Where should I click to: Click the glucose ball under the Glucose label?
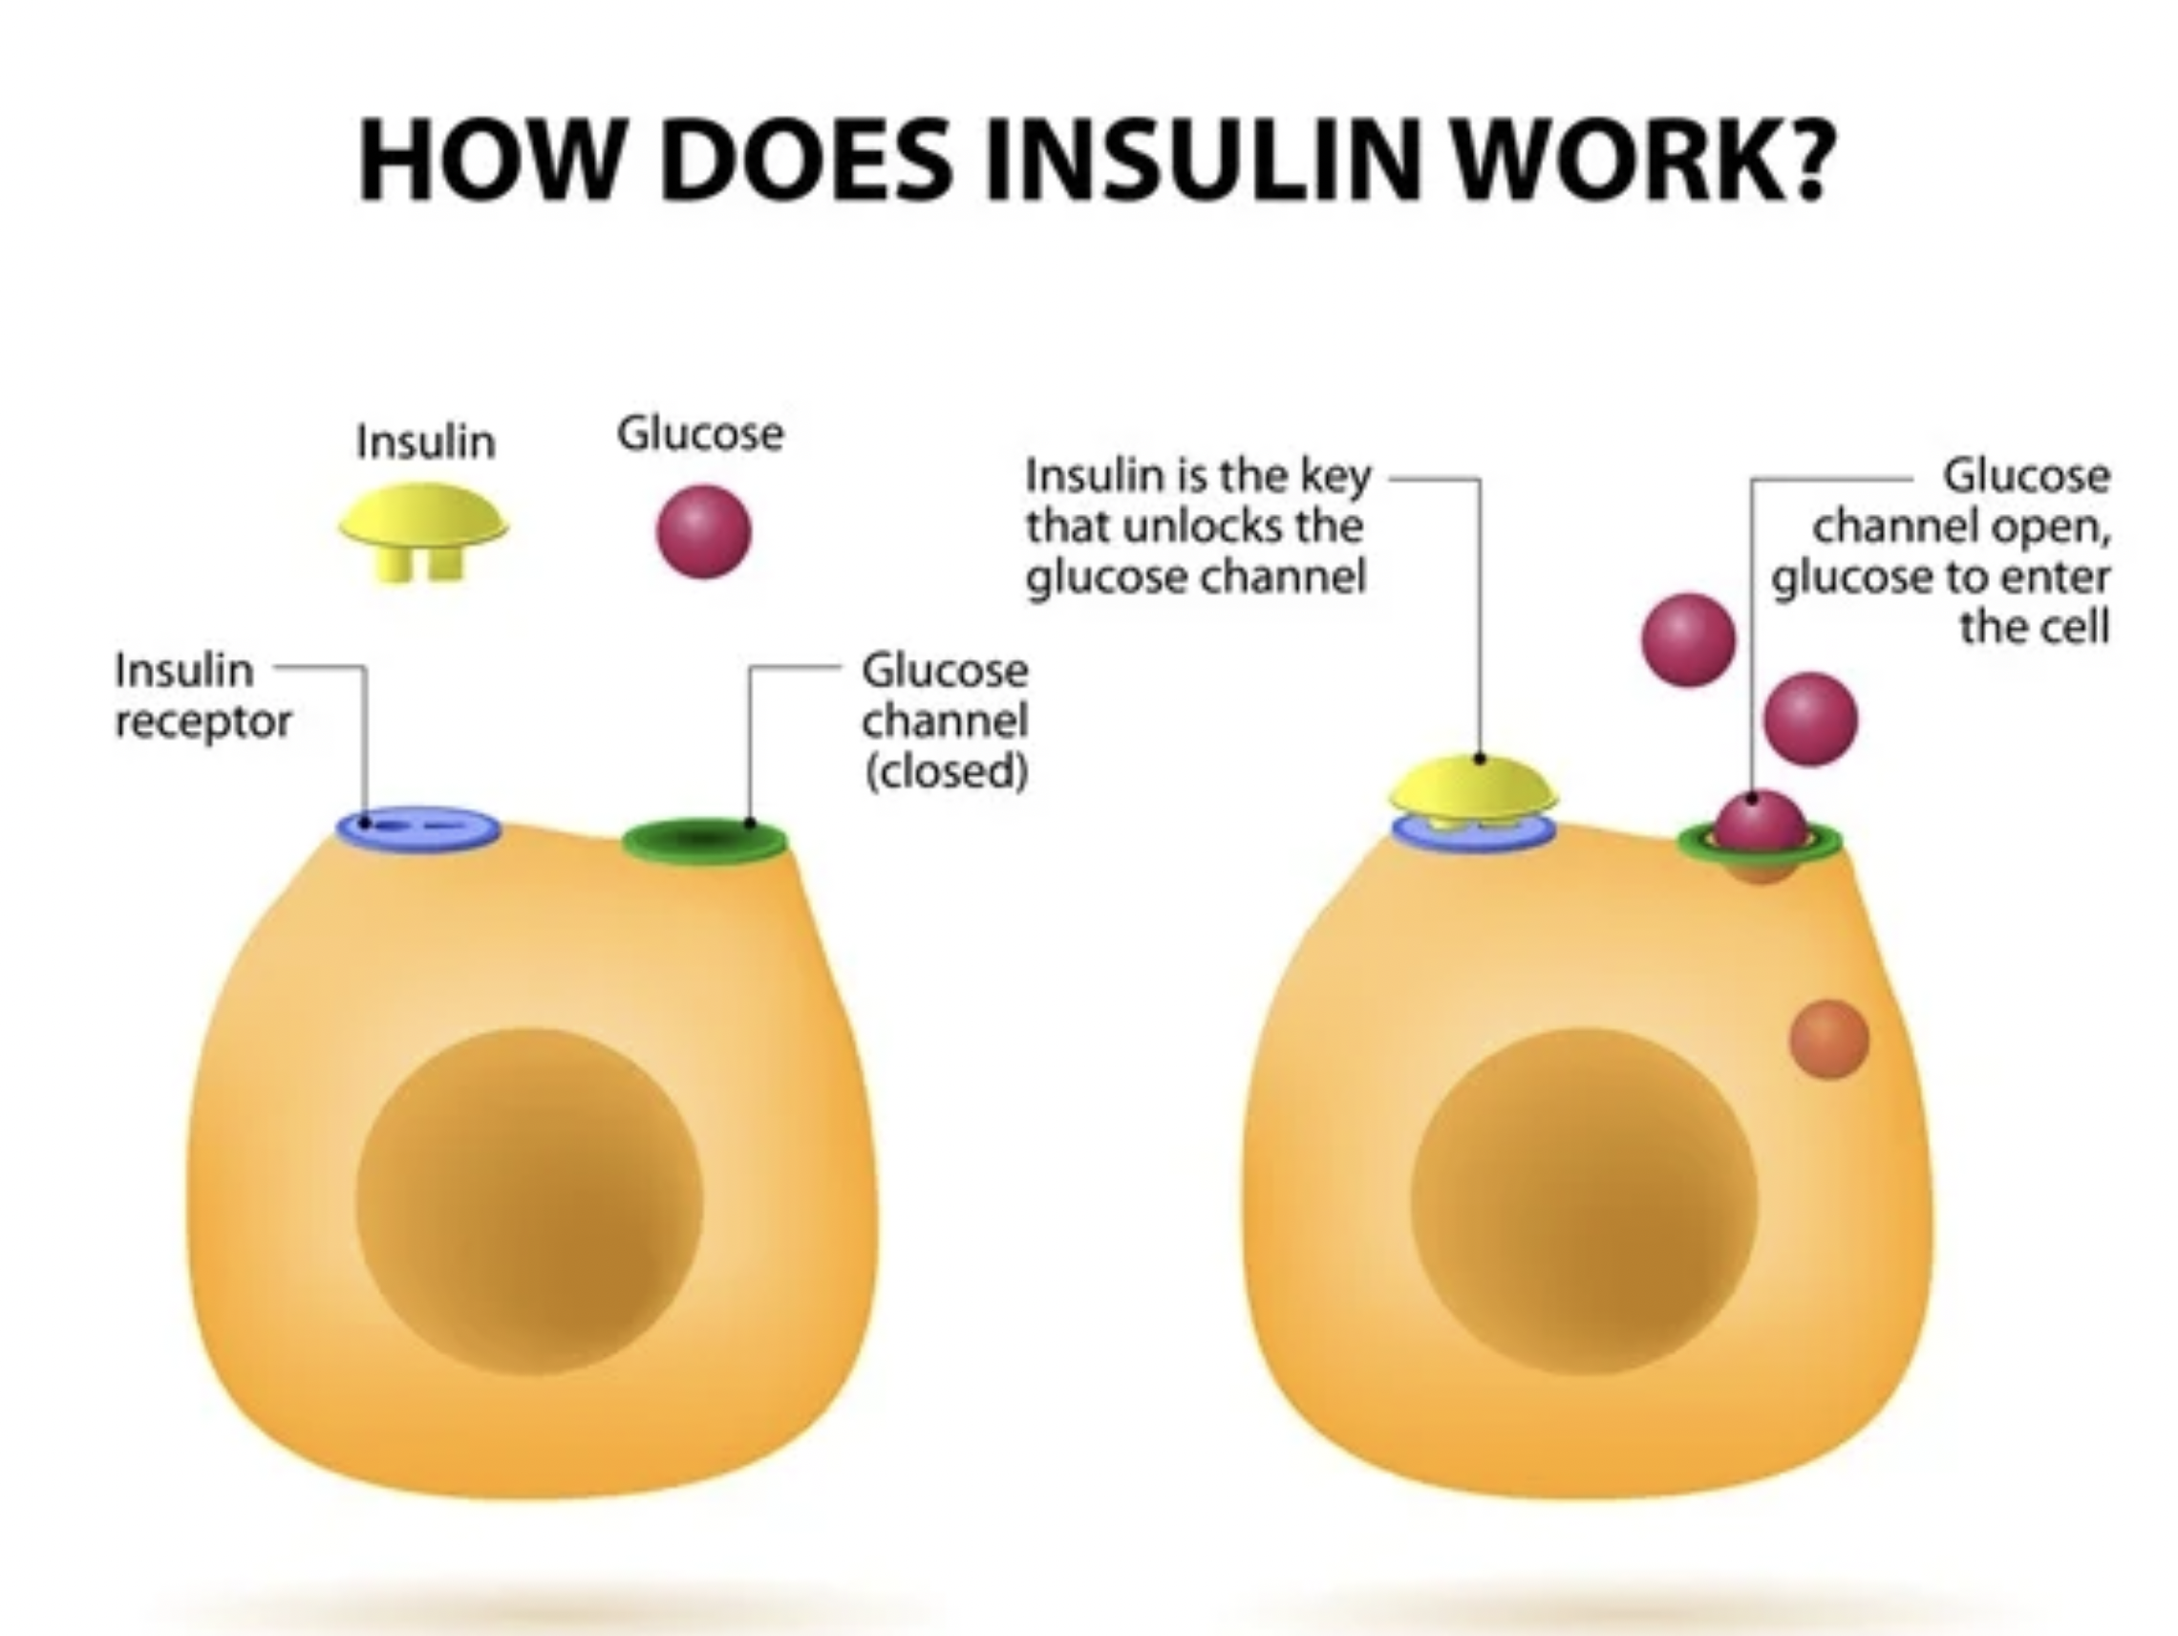tap(703, 531)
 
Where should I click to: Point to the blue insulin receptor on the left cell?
tap(418, 829)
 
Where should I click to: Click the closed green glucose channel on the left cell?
tap(704, 841)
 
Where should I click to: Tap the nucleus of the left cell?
tap(529, 1200)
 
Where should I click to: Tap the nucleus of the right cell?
tap(1583, 1200)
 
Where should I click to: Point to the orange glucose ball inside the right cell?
tap(1828, 1039)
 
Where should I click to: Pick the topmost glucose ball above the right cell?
tap(1688, 639)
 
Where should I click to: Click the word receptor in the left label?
tap(203, 722)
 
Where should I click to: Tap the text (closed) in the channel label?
tap(947, 771)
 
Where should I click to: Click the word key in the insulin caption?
tap(1336, 478)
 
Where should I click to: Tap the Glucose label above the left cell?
tap(700, 434)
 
